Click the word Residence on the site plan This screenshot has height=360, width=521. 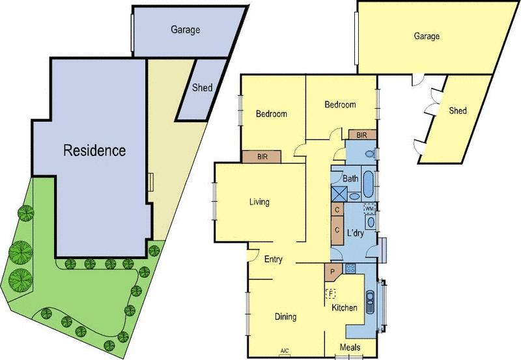coord(94,150)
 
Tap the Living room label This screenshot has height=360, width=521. coord(259,202)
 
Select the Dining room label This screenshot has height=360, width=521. coord(285,316)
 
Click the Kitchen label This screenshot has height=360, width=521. coord(345,307)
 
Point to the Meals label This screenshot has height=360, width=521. coord(350,348)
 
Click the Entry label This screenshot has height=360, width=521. coord(273,259)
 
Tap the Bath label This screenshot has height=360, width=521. coord(350,178)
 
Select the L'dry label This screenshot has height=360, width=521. coord(355,233)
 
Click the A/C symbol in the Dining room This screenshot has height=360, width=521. coord(285,352)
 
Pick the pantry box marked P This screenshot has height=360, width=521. coord(333,272)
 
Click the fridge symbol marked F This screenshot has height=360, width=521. coord(331,294)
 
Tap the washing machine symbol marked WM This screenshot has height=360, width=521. coord(369,208)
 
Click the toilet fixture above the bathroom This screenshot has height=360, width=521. coord(371,154)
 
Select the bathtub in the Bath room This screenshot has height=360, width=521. coord(368,184)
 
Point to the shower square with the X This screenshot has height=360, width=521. coord(339,193)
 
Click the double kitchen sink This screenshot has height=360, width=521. coord(370,302)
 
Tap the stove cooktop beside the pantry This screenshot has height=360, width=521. coord(350,268)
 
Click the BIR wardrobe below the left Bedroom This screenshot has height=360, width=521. coord(262,157)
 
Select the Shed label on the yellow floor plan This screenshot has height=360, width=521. coord(458,110)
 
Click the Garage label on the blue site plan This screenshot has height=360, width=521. coord(186,29)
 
